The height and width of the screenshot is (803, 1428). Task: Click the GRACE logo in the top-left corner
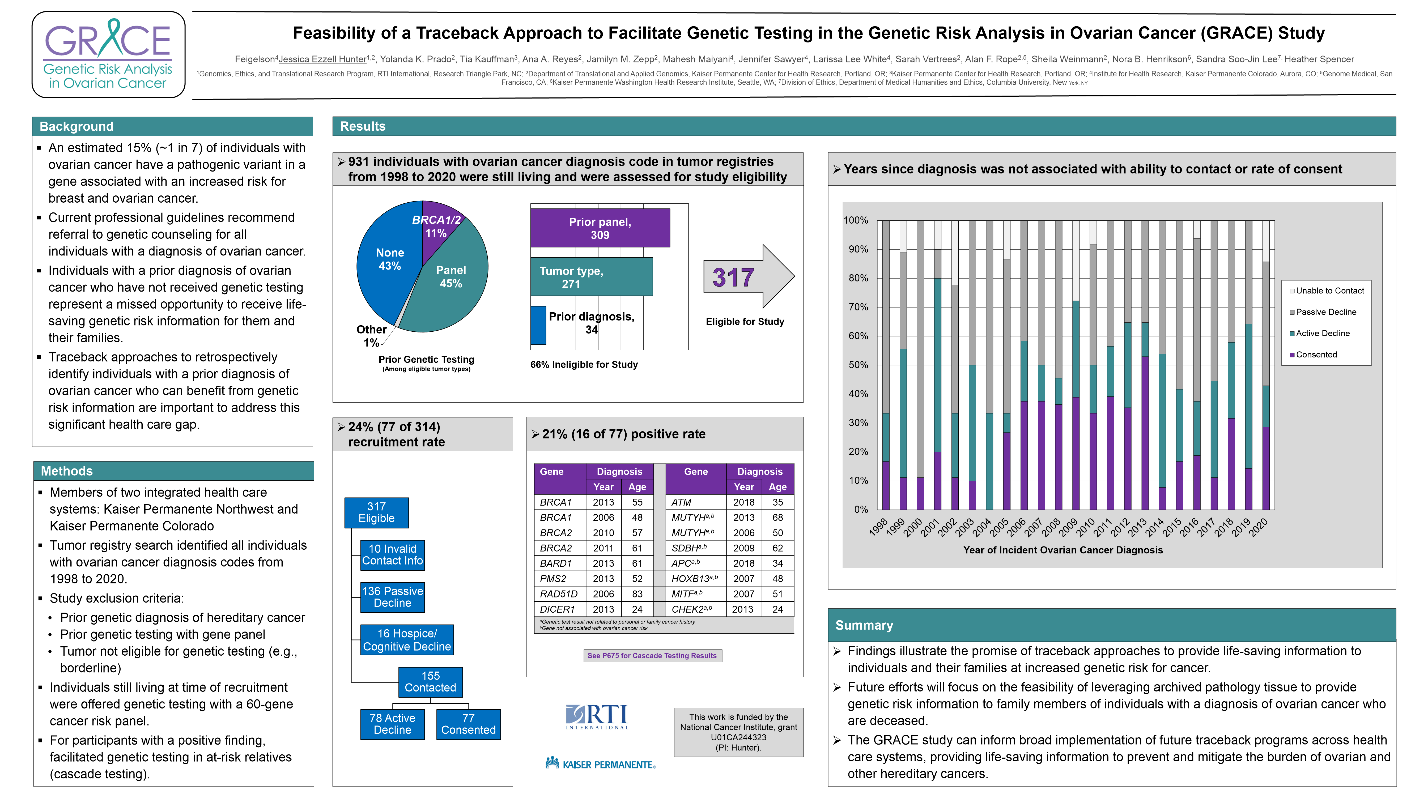click(108, 55)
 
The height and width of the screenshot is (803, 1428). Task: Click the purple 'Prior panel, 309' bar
click(600, 228)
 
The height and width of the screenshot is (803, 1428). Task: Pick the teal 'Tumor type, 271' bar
click(591, 277)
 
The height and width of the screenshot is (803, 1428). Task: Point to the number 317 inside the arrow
click(733, 278)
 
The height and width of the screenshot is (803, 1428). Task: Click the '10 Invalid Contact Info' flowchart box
click(393, 555)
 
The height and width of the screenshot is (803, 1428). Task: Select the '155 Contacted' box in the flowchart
click(430, 682)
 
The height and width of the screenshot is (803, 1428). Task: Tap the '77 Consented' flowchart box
click(468, 724)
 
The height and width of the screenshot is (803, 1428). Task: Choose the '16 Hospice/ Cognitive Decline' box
click(407, 640)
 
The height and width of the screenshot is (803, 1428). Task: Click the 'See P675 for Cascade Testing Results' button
click(652, 656)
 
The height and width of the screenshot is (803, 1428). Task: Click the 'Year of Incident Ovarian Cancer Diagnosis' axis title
click(1063, 550)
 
